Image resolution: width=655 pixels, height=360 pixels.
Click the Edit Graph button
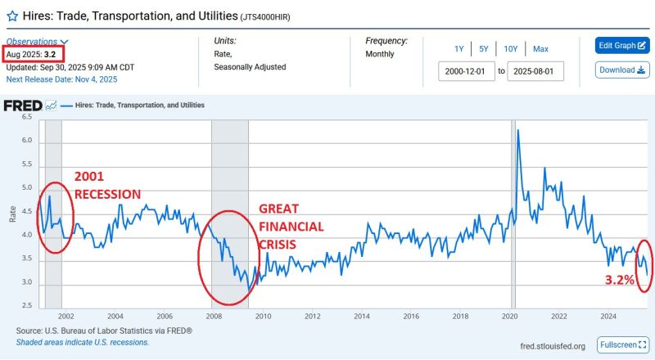pyautogui.click(x=621, y=45)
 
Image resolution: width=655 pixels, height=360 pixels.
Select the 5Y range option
pyautogui.click(x=485, y=48)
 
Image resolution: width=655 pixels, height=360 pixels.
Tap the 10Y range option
pyautogui.click(x=510, y=48)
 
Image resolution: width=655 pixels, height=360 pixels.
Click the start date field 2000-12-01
pyautogui.click(x=467, y=71)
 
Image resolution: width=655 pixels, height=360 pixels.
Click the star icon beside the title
pyautogui.click(x=12, y=15)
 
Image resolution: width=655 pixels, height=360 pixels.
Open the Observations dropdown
pyautogui.click(x=38, y=42)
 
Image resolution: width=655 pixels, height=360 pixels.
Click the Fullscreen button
pyautogui.click(x=622, y=344)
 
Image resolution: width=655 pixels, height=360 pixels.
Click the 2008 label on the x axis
pyautogui.click(x=213, y=316)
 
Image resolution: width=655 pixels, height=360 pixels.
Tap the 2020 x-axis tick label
pyautogui.click(x=508, y=316)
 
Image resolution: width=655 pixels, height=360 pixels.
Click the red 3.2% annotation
pyautogui.click(x=619, y=280)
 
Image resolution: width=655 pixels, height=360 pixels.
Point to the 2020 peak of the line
pyautogui.click(x=517, y=131)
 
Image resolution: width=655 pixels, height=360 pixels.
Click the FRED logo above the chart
pyautogui.click(x=29, y=106)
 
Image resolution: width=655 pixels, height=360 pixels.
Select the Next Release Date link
pyautogui.click(x=61, y=79)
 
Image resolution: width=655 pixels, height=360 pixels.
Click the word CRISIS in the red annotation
pyautogui.click(x=278, y=243)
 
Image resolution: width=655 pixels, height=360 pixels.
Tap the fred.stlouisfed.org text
pyautogui.click(x=553, y=346)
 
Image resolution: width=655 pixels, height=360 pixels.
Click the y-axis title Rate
pyautogui.click(x=11, y=214)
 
